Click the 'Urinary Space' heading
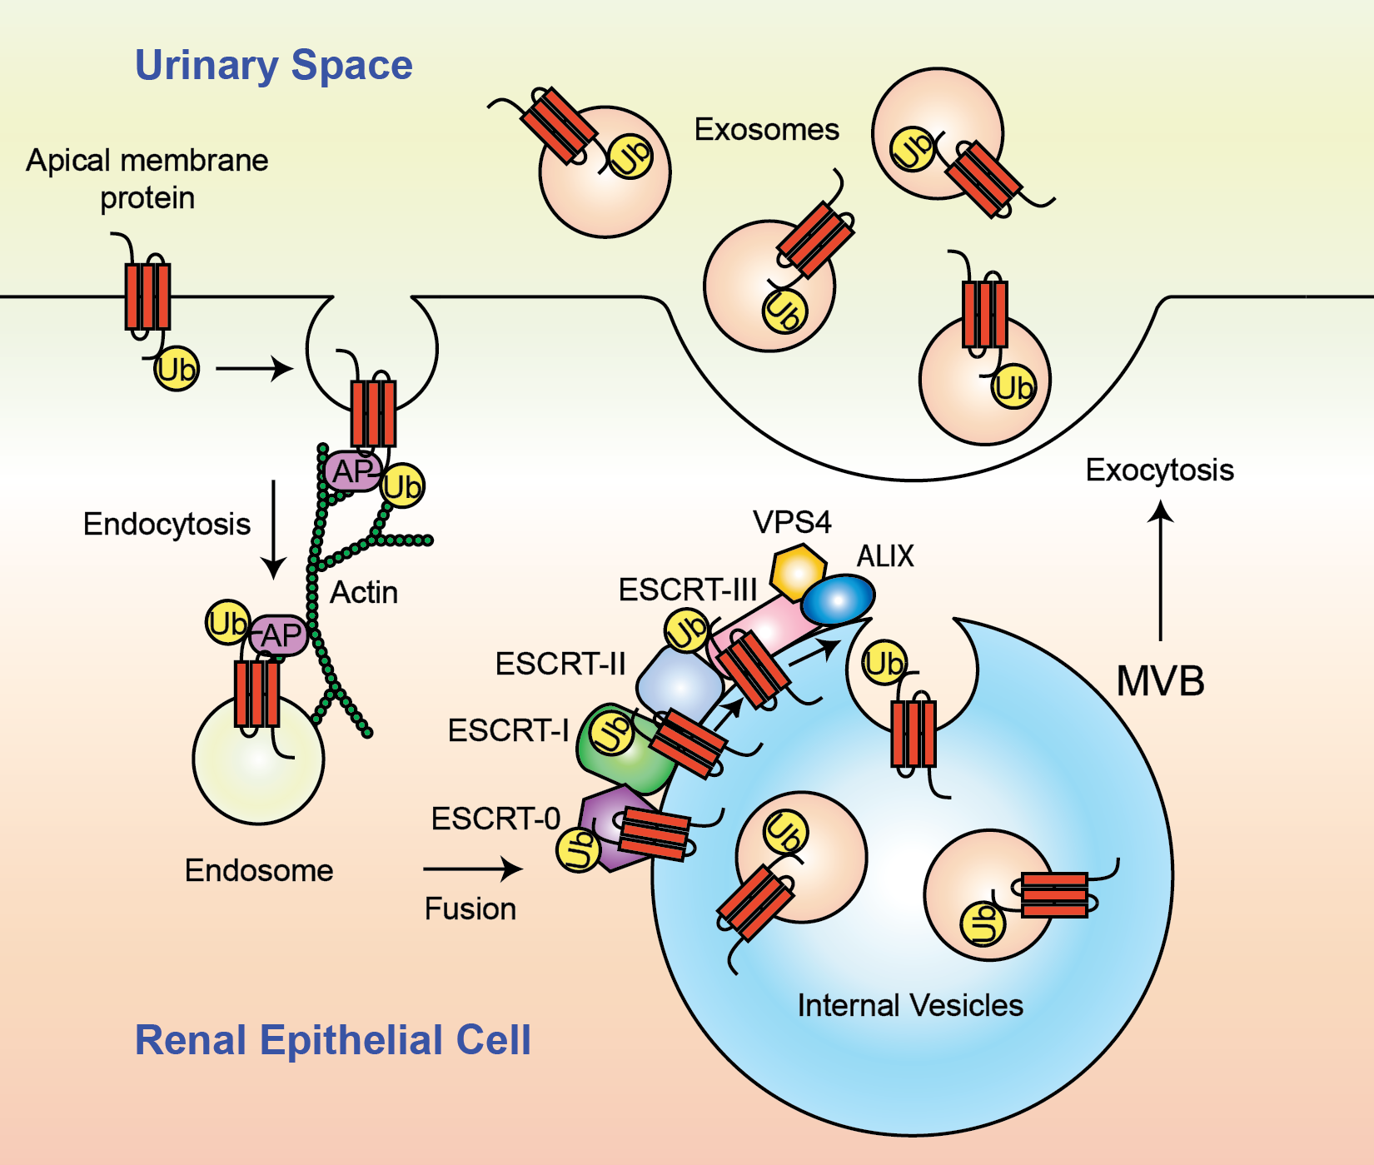point(273,65)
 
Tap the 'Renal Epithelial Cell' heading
point(332,1040)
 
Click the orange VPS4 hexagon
point(798,571)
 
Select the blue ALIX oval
point(839,600)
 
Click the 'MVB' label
point(1160,681)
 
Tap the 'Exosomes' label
point(766,130)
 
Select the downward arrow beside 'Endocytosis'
point(273,530)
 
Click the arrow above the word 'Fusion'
point(472,869)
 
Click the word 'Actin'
point(364,593)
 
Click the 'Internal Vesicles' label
point(909,1005)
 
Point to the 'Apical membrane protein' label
point(147,179)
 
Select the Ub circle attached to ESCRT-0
point(578,850)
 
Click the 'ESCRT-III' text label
point(687,590)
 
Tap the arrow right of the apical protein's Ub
point(254,368)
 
